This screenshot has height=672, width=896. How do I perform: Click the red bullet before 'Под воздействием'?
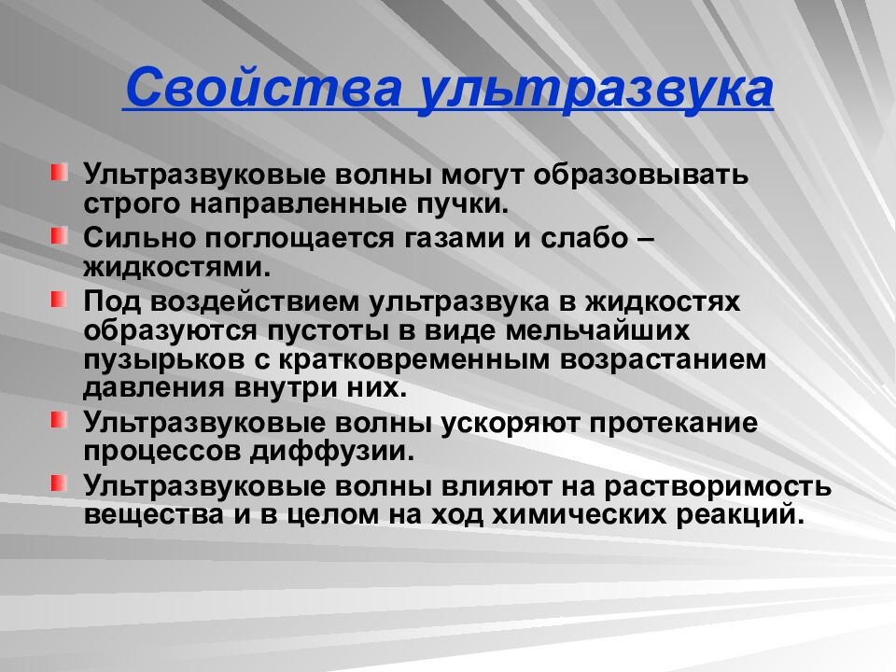pyautogui.click(x=60, y=299)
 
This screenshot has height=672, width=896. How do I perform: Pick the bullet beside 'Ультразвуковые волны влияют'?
pyautogui.click(x=60, y=483)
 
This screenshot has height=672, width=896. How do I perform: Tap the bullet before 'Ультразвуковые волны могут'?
pyautogui.click(x=60, y=172)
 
